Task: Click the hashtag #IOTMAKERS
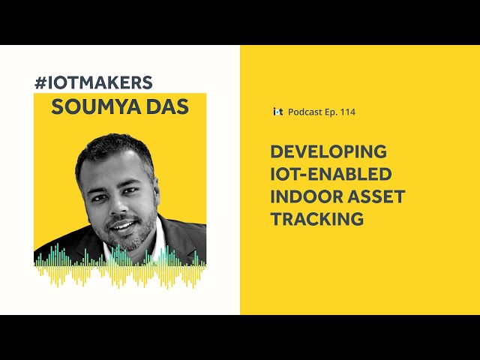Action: click(x=94, y=82)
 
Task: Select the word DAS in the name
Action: click(x=167, y=106)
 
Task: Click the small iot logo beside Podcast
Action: click(x=278, y=112)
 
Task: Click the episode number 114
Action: click(x=348, y=112)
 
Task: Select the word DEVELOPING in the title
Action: click(x=328, y=151)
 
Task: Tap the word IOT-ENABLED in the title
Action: click(x=331, y=174)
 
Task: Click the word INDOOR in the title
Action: click(x=307, y=196)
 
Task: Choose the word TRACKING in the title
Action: click(x=317, y=219)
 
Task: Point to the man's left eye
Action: click(x=130, y=190)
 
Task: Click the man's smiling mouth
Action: click(x=123, y=226)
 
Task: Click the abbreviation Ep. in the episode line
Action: click(x=330, y=112)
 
